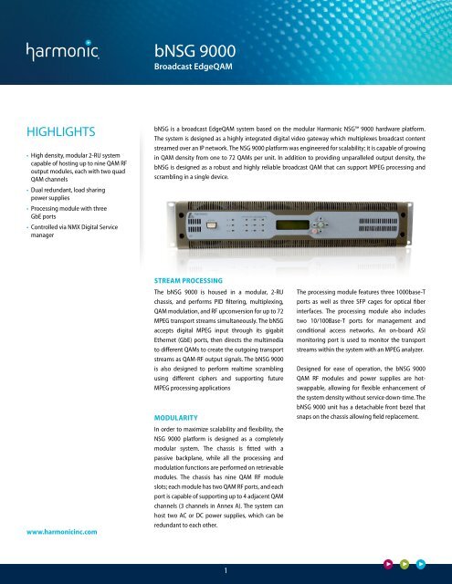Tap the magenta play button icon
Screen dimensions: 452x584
(388, 565)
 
